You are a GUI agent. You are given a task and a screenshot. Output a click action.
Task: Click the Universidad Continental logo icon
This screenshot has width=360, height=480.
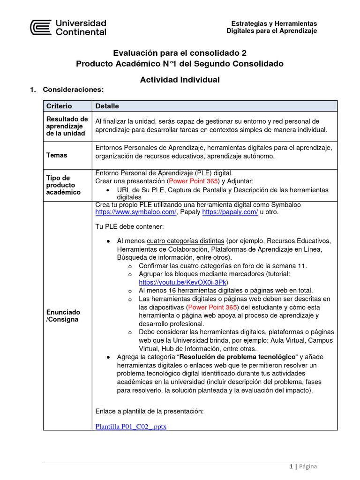click(41, 27)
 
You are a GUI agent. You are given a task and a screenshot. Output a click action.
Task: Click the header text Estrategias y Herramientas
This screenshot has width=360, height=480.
click(274, 23)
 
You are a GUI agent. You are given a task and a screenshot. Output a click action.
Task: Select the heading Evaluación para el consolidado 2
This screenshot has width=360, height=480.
click(180, 53)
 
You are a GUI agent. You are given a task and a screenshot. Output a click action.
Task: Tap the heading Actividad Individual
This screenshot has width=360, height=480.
click(180, 80)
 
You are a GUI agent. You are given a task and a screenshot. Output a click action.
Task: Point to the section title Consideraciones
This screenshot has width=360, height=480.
click(73, 89)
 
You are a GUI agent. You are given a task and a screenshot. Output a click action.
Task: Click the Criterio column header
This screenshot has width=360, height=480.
click(59, 106)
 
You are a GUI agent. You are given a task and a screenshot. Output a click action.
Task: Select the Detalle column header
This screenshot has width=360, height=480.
click(107, 106)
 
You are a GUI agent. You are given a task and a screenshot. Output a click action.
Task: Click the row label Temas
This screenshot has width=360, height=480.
click(56, 155)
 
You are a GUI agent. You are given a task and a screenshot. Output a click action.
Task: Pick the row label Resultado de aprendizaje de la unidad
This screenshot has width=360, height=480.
click(67, 126)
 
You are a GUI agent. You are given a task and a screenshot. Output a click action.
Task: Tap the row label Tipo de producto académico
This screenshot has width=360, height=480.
click(63, 185)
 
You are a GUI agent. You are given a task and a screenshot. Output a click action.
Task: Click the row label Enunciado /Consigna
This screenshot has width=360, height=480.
click(63, 315)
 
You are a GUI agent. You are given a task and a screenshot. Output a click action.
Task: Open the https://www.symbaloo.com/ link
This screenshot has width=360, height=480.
click(135, 212)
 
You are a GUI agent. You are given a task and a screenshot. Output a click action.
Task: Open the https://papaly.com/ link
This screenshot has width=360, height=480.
click(230, 212)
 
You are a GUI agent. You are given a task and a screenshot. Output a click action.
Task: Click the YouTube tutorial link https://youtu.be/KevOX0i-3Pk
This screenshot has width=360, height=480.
click(183, 282)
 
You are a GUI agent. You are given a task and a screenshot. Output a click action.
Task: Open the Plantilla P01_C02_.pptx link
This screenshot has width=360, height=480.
click(131, 426)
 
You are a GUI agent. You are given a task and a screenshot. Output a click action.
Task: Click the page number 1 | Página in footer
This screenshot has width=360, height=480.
click(303, 466)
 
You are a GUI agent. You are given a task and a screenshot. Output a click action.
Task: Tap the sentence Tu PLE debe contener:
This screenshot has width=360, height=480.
click(129, 227)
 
